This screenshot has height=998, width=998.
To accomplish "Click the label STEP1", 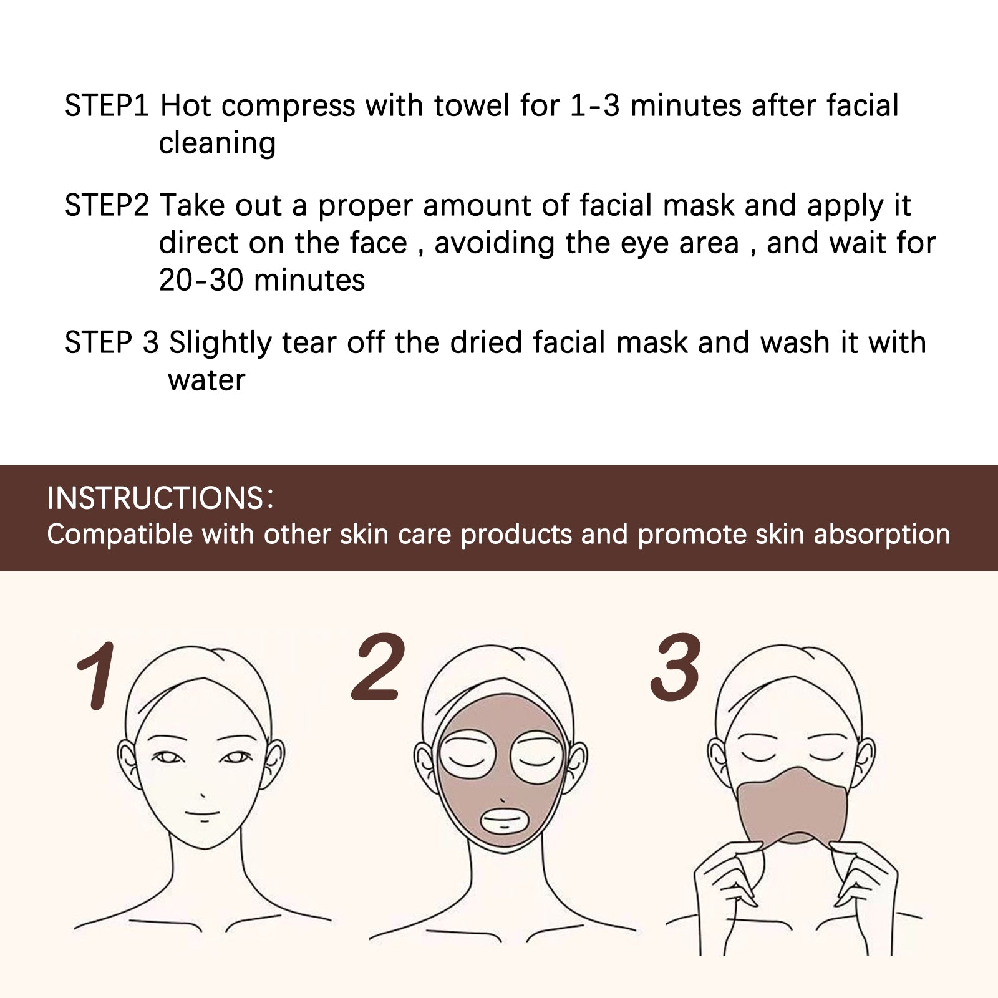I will [x=107, y=105].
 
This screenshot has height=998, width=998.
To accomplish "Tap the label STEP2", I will [x=107, y=205].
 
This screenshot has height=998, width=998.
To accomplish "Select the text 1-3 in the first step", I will [x=594, y=105].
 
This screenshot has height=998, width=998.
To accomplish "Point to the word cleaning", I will [x=217, y=143].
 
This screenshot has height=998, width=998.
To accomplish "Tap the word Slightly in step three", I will [x=220, y=343].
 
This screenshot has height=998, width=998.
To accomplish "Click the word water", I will [x=206, y=380].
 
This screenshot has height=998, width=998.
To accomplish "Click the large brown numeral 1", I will [x=97, y=677].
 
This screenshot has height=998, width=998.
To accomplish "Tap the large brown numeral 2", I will [x=379, y=667].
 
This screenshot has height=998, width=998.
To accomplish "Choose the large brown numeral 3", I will [x=676, y=667].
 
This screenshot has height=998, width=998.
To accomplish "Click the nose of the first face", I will [x=203, y=795].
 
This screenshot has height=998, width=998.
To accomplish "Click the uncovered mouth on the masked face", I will [x=504, y=821].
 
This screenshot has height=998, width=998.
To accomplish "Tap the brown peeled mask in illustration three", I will [x=792, y=808].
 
